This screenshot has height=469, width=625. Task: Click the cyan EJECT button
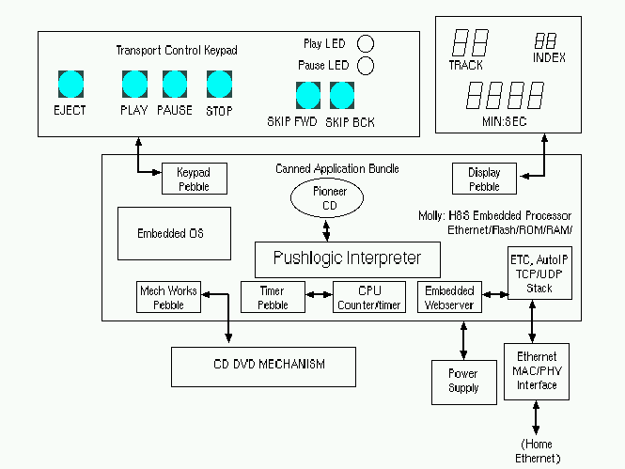pos(70,84)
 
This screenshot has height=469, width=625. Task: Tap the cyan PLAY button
pos(135,84)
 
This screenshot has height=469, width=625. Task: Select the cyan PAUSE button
pos(176,84)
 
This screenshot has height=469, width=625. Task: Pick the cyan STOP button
pos(220,84)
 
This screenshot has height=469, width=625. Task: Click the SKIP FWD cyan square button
pos(308,96)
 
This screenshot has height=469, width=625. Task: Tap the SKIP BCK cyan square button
pos(342,96)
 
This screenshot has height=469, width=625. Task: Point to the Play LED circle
pos(366,43)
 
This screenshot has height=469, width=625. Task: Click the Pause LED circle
pos(366,65)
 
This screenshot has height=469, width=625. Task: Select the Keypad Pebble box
pos(194,179)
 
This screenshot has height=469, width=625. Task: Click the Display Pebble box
pos(484,179)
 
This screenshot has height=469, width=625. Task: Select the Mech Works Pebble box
pos(168,297)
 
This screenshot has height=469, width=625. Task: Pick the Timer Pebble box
pos(273,297)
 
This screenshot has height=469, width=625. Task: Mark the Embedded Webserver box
pos(449,297)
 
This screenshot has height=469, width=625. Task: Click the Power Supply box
pos(461,381)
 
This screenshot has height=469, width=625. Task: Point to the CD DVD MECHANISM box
pos(263,366)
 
